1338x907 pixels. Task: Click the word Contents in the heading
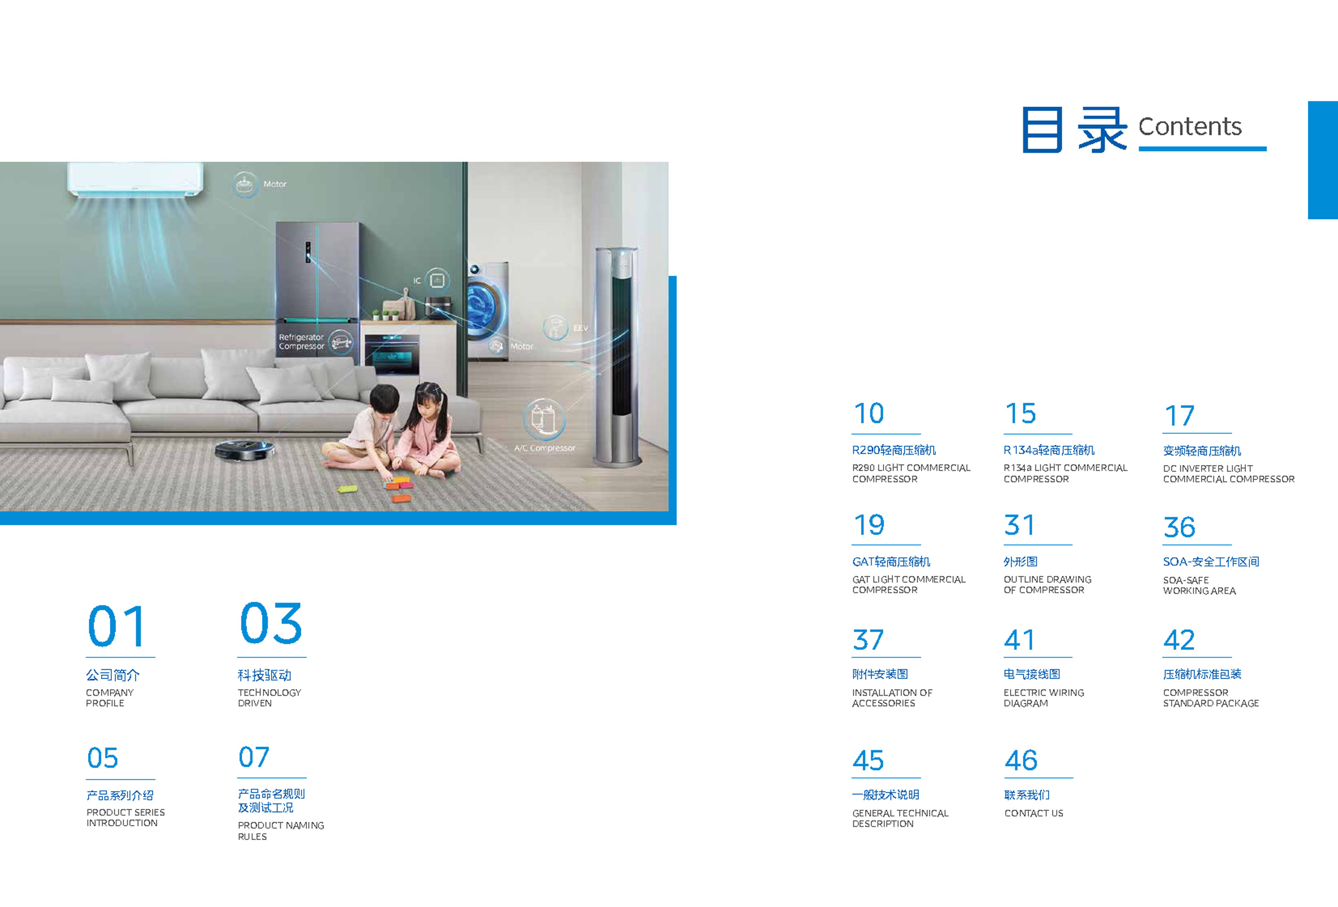(1189, 126)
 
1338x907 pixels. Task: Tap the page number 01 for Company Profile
(116, 626)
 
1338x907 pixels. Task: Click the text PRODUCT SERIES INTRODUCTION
(126, 817)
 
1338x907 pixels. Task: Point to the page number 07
(254, 757)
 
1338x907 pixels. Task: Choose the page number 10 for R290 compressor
(869, 413)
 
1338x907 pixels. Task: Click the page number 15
(1020, 413)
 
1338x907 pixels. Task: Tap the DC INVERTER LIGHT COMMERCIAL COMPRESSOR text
(1229, 474)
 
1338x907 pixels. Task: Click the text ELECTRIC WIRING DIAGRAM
(1044, 698)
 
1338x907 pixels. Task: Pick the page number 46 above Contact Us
(1021, 760)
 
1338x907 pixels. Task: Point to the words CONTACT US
(1034, 813)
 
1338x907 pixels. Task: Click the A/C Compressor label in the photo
(545, 448)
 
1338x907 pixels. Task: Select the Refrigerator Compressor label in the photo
(301, 341)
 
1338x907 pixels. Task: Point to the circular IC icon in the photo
(438, 280)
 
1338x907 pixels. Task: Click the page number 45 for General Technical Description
(868, 760)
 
